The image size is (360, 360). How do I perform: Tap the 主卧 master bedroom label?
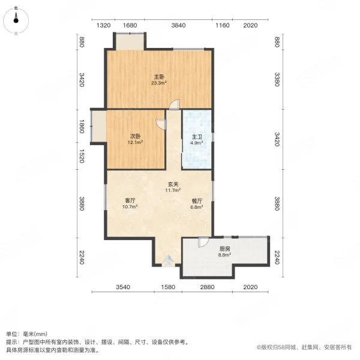pos(159,77)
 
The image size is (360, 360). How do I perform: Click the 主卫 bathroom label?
pos(197,136)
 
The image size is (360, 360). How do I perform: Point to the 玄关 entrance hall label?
pos(173,184)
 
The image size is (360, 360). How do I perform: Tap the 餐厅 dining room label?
pos(196,200)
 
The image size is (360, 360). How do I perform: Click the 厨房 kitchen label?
pos(225,248)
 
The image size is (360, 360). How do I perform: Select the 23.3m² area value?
pos(159,83)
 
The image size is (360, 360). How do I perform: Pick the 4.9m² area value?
pos(197,143)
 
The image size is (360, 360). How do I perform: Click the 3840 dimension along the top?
pos(179,25)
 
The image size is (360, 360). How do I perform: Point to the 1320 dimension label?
pos(104,25)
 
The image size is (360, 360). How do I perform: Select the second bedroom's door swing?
pos(161,124)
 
